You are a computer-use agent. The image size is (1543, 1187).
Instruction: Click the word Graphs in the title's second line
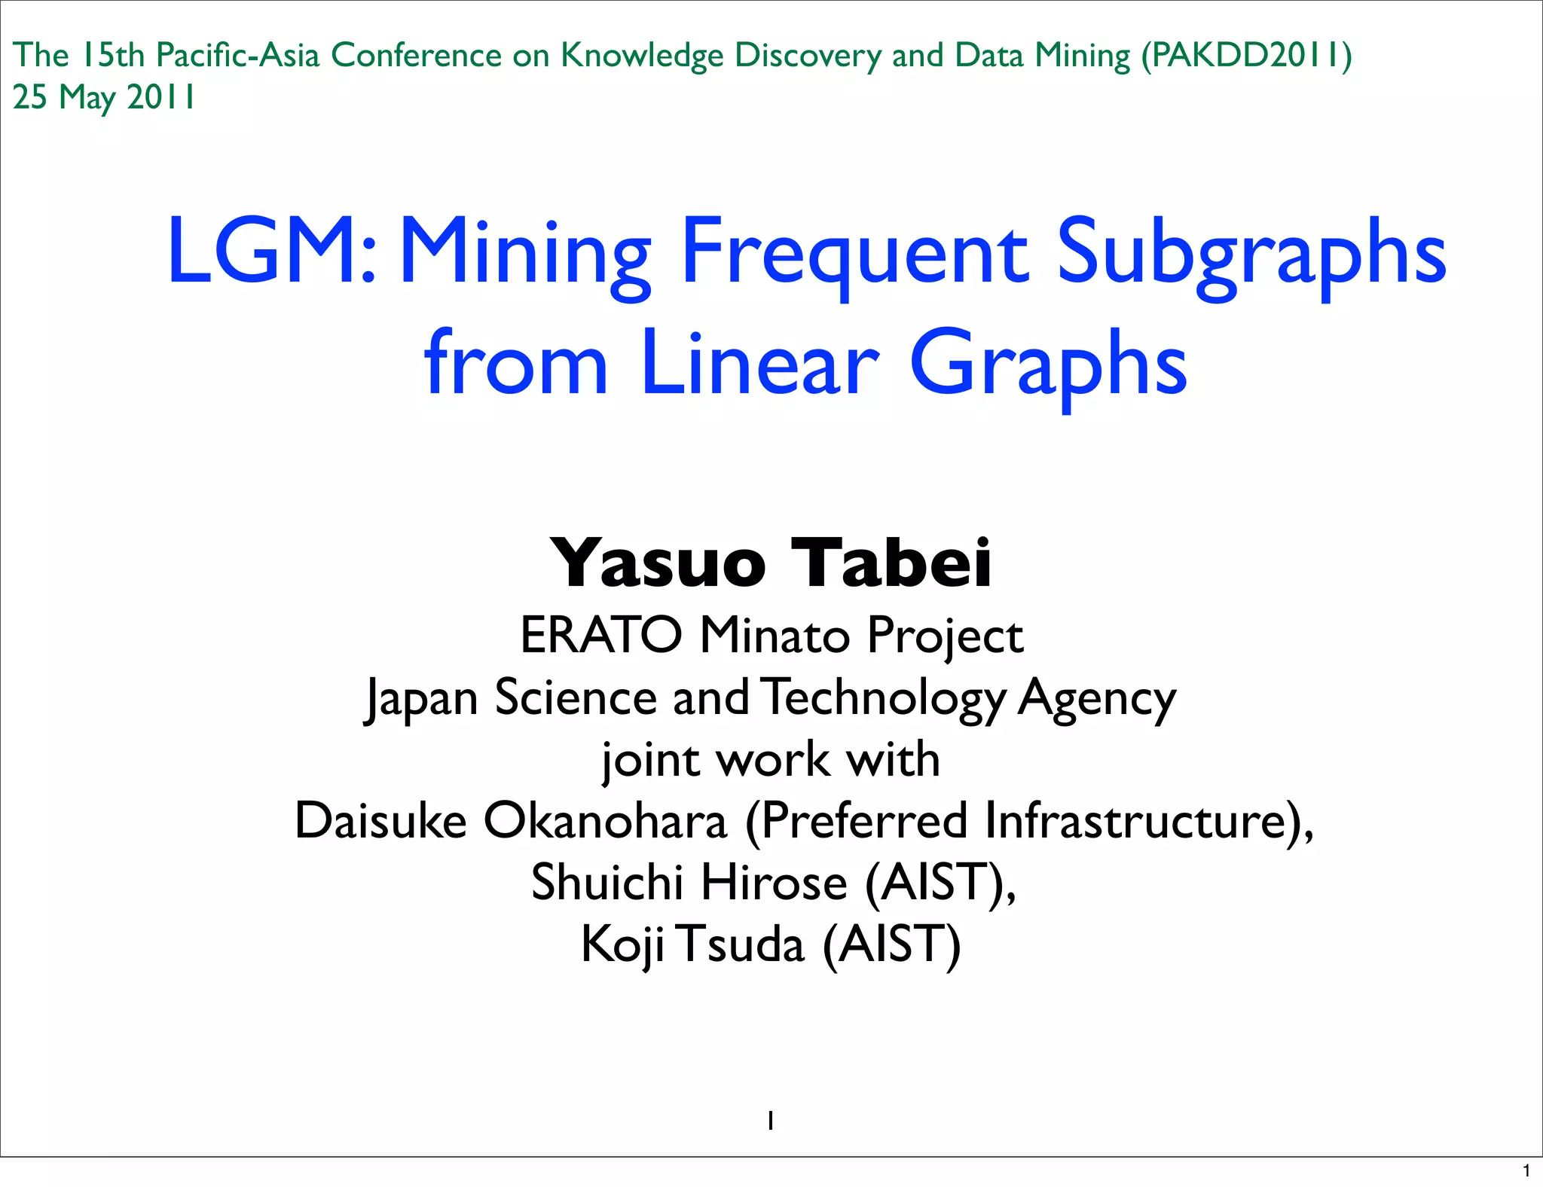point(1048,365)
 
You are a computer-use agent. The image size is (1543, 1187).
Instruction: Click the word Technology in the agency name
point(883,697)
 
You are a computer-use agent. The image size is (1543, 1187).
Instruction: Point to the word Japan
point(422,697)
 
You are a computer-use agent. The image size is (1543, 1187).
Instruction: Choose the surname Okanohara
point(605,820)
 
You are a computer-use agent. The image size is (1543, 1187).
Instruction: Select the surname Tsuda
point(743,944)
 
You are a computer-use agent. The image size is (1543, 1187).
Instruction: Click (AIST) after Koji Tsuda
point(891,944)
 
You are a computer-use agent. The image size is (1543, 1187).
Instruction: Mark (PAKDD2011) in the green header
point(1246,56)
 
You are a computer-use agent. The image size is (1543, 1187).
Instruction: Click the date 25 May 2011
point(104,97)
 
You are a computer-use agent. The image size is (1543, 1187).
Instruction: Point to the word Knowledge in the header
point(641,56)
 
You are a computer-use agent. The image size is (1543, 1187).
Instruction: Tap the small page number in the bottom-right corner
point(1526,1171)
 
